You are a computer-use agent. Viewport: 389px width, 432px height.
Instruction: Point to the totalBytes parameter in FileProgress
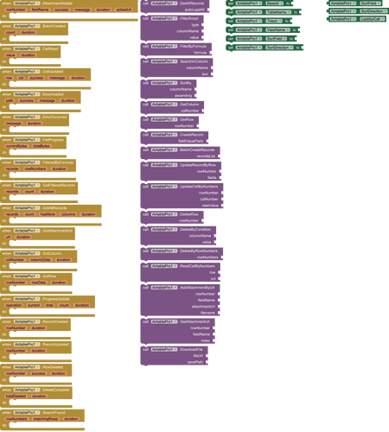point(41,146)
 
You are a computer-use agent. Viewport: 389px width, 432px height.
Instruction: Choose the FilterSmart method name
point(188,17)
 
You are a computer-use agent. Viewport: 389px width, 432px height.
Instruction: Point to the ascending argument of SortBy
point(193,95)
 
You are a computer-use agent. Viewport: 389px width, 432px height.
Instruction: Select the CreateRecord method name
point(193,134)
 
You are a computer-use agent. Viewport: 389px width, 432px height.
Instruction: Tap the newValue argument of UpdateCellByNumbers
point(210,205)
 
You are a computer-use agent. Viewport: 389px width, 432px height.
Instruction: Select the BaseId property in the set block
point(276,3)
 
